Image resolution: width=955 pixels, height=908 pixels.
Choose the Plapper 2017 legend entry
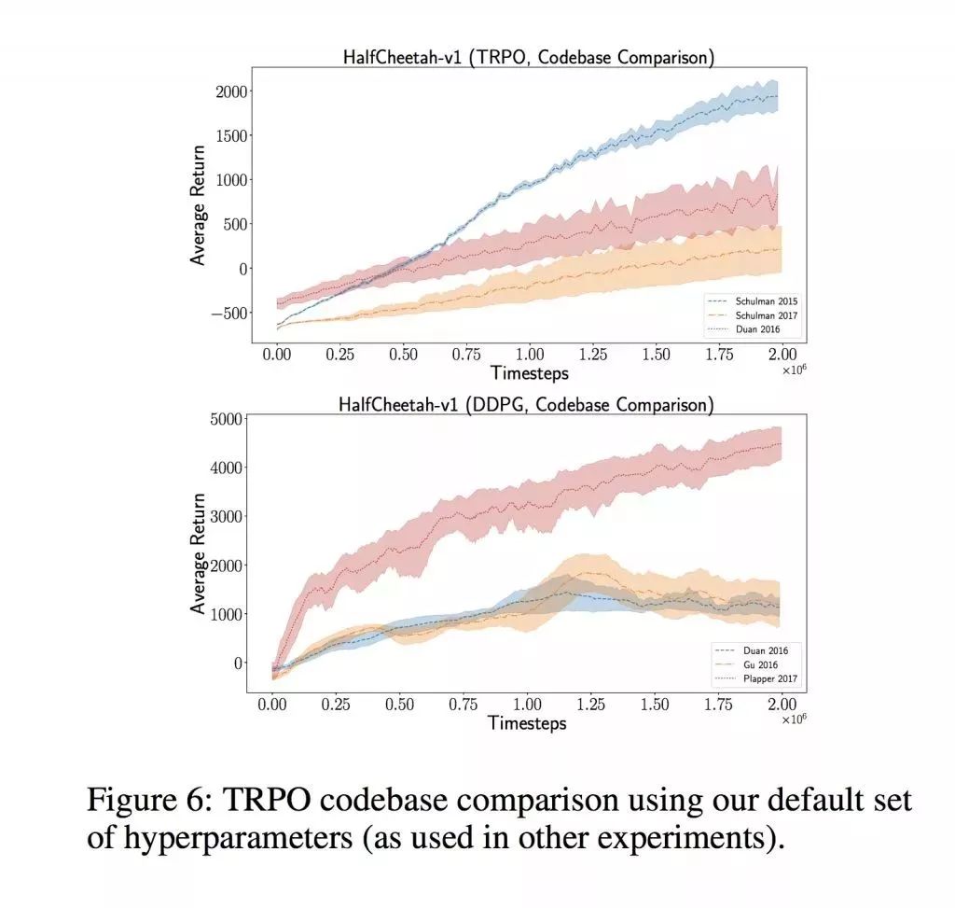pyautogui.click(x=768, y=678)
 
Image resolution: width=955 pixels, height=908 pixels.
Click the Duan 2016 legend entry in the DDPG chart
pyautogui.click(x=761, y=650)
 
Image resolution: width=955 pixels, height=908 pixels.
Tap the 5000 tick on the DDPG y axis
pyautogui.click(x=227, y=418)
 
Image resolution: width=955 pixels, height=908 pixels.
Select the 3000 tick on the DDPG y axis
pyautogui.click(x=227, y=516)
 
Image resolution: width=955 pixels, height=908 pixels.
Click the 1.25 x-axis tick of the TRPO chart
pyautogui.click(x=592, y=356)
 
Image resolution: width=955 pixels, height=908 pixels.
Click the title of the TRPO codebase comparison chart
pyautogui.click(x=529, y=58)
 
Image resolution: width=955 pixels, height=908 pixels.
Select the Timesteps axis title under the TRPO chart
pyautogui.click(x=529, y=373)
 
